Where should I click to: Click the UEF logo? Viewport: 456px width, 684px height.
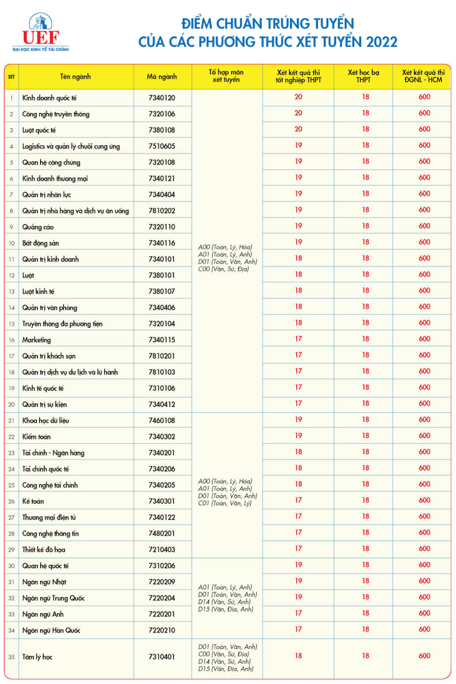[41, 32]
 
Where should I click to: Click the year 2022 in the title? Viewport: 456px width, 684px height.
[382, 42]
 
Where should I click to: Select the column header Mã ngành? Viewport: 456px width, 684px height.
[162, 77]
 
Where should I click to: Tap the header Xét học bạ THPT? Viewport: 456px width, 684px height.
[363, 76]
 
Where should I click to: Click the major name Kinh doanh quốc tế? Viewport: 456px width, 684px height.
[49, 98]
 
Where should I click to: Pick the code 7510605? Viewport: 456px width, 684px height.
[162, 146]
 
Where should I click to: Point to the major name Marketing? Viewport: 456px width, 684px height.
[36, 340]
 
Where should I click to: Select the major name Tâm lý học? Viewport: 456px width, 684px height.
[37, 657]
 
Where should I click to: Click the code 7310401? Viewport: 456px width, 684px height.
[162, 657]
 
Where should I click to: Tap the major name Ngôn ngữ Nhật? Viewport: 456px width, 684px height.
[44, 582]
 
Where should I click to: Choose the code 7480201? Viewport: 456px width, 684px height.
[162, 534]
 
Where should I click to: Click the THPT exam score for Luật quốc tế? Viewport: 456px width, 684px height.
[298, 129]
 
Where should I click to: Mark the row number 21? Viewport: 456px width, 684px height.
[11, 420]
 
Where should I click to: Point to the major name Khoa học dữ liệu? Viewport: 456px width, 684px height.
[46, 420]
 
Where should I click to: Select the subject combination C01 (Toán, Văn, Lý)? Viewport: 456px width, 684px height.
[225, 503]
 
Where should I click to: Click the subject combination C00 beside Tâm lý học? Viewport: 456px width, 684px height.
[223, 654]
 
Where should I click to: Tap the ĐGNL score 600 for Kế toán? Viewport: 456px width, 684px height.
[425, 500]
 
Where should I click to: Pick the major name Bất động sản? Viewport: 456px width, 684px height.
[41, 243]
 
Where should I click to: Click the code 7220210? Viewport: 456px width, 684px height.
[162, 630]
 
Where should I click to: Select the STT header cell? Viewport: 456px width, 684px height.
[11, 77]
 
